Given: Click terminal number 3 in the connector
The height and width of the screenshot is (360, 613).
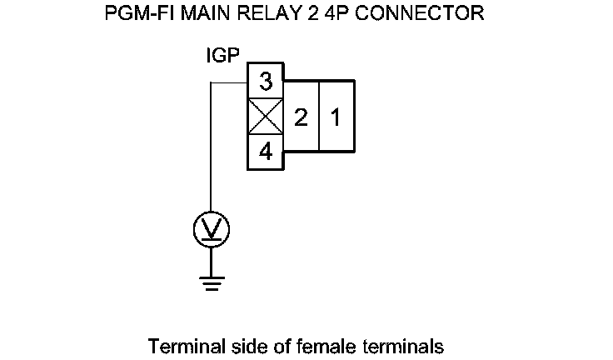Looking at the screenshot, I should tap(266, 82).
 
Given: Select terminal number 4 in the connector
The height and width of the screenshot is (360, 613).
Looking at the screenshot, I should tap(266, 152).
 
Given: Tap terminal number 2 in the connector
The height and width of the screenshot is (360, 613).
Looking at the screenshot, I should tap(302, 117).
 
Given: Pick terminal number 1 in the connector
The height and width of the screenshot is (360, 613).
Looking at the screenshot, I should tap(336, 117).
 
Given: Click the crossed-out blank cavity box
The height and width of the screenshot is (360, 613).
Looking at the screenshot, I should tap(266, 117).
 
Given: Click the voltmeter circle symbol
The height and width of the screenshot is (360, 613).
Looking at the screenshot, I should tap(212, 228).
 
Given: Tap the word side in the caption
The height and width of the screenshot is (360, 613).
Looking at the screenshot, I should tap(236, 345).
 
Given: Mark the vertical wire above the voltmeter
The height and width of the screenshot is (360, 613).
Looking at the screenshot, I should tap(212, 150).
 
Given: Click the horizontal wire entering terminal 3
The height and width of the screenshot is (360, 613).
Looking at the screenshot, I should tap(229, 82).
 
